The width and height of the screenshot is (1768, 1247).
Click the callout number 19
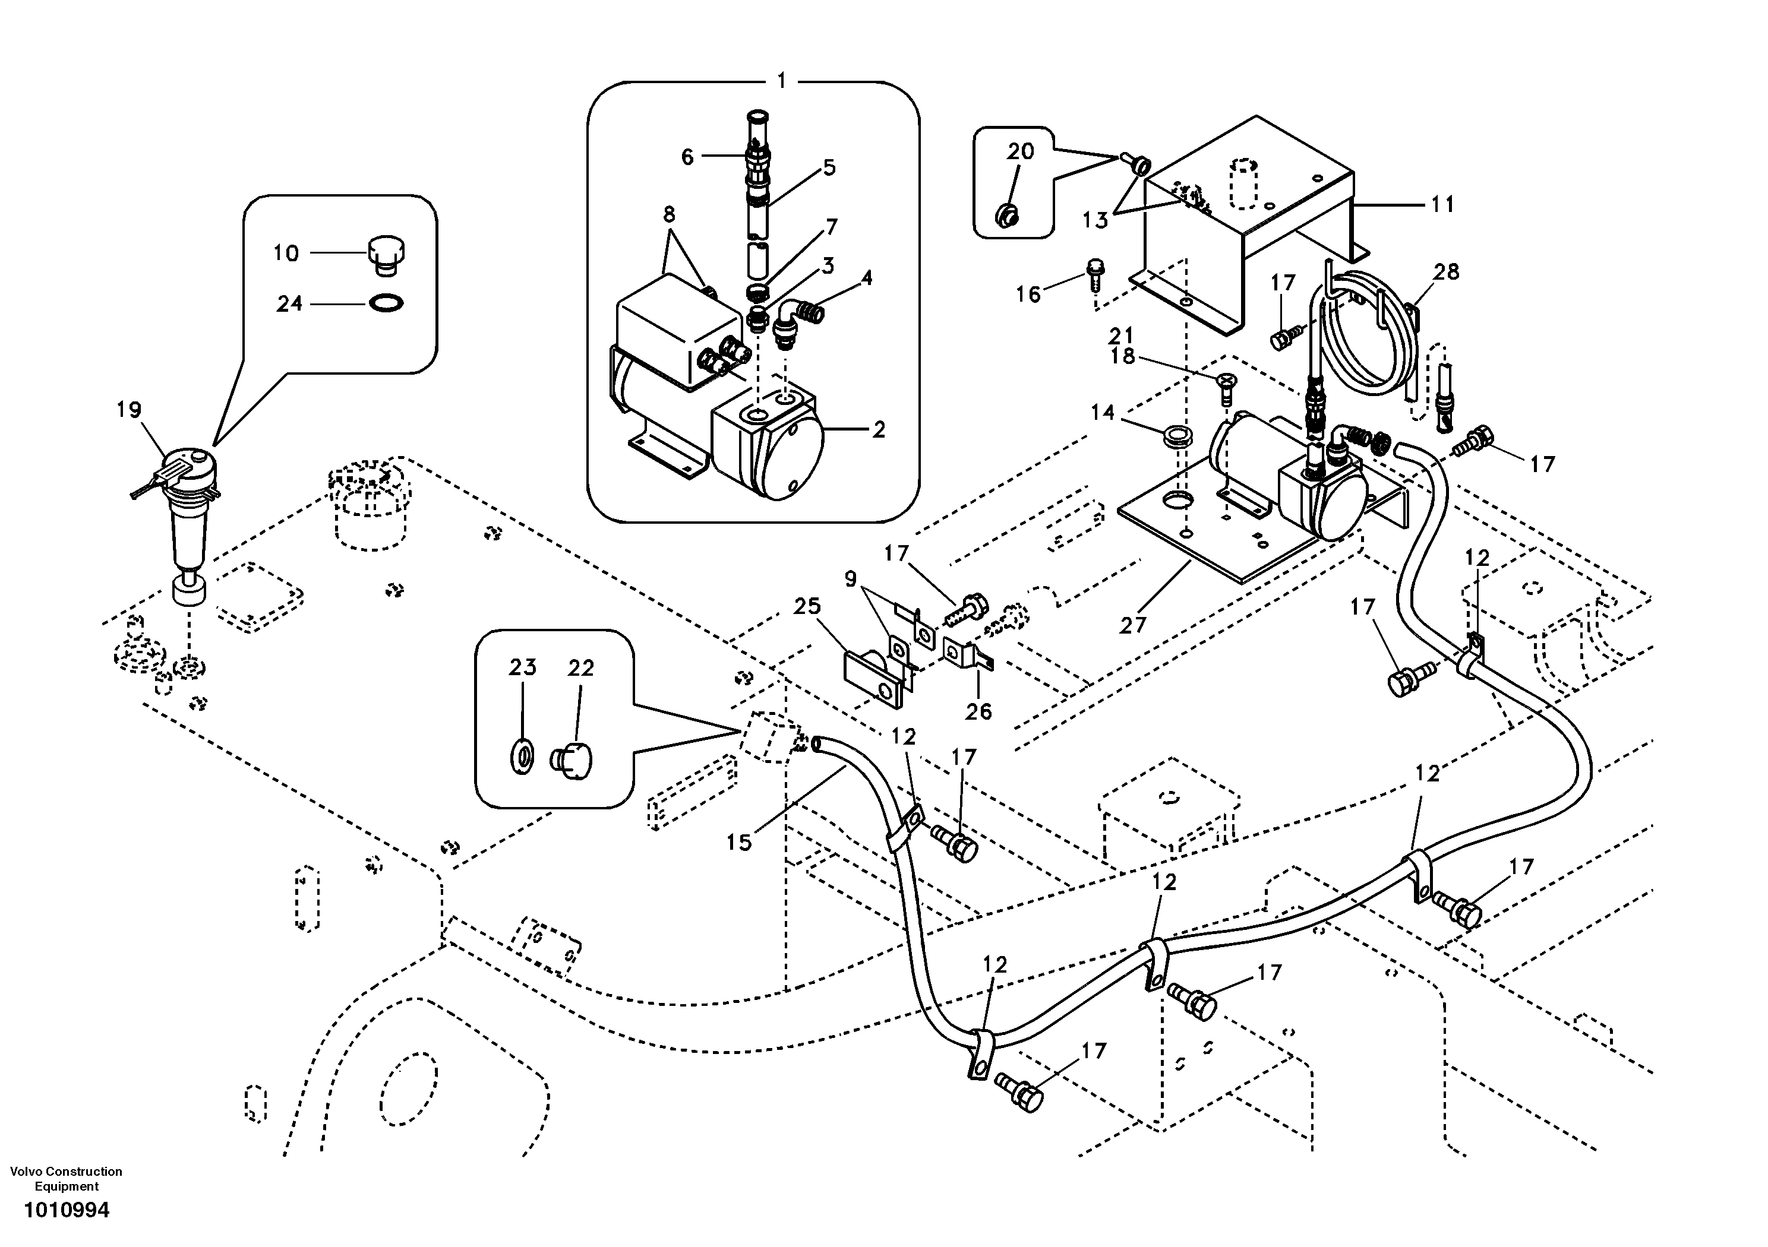pos(130,410)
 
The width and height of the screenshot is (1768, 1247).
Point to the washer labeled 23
pos(523,757)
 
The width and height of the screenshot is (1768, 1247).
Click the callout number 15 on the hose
pos(738,843)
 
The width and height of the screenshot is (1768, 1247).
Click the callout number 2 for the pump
pos(879,429)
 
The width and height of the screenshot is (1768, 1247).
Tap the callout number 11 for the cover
pos(1442,204)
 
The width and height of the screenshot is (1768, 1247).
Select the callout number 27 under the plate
pos(1133,625)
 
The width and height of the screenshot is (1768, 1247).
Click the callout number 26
pos(978,711)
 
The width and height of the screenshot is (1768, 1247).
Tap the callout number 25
pos(807,606)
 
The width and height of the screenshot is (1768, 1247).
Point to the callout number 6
pos(687,157)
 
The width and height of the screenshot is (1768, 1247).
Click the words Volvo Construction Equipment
pos(66,1179)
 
